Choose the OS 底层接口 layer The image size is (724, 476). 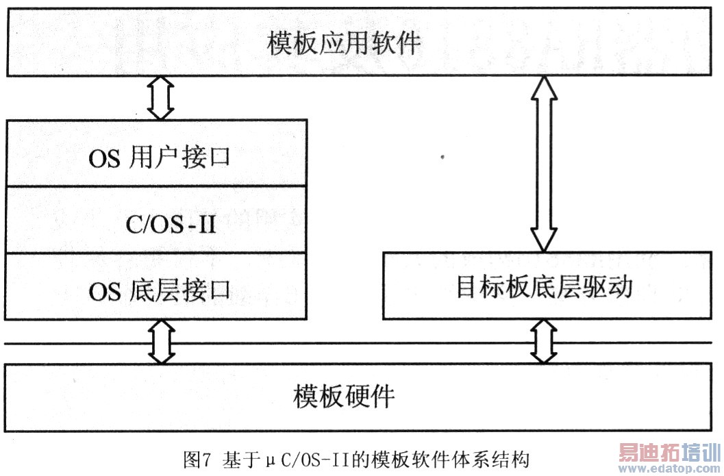click(x=157, y=292)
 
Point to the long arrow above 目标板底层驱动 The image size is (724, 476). click(x=545, y=164)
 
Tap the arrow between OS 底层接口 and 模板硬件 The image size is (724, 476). click(x=161, y=341)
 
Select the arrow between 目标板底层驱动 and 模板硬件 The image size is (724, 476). click(x=545, y=341)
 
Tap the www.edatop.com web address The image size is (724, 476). click(x=668, y=469)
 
